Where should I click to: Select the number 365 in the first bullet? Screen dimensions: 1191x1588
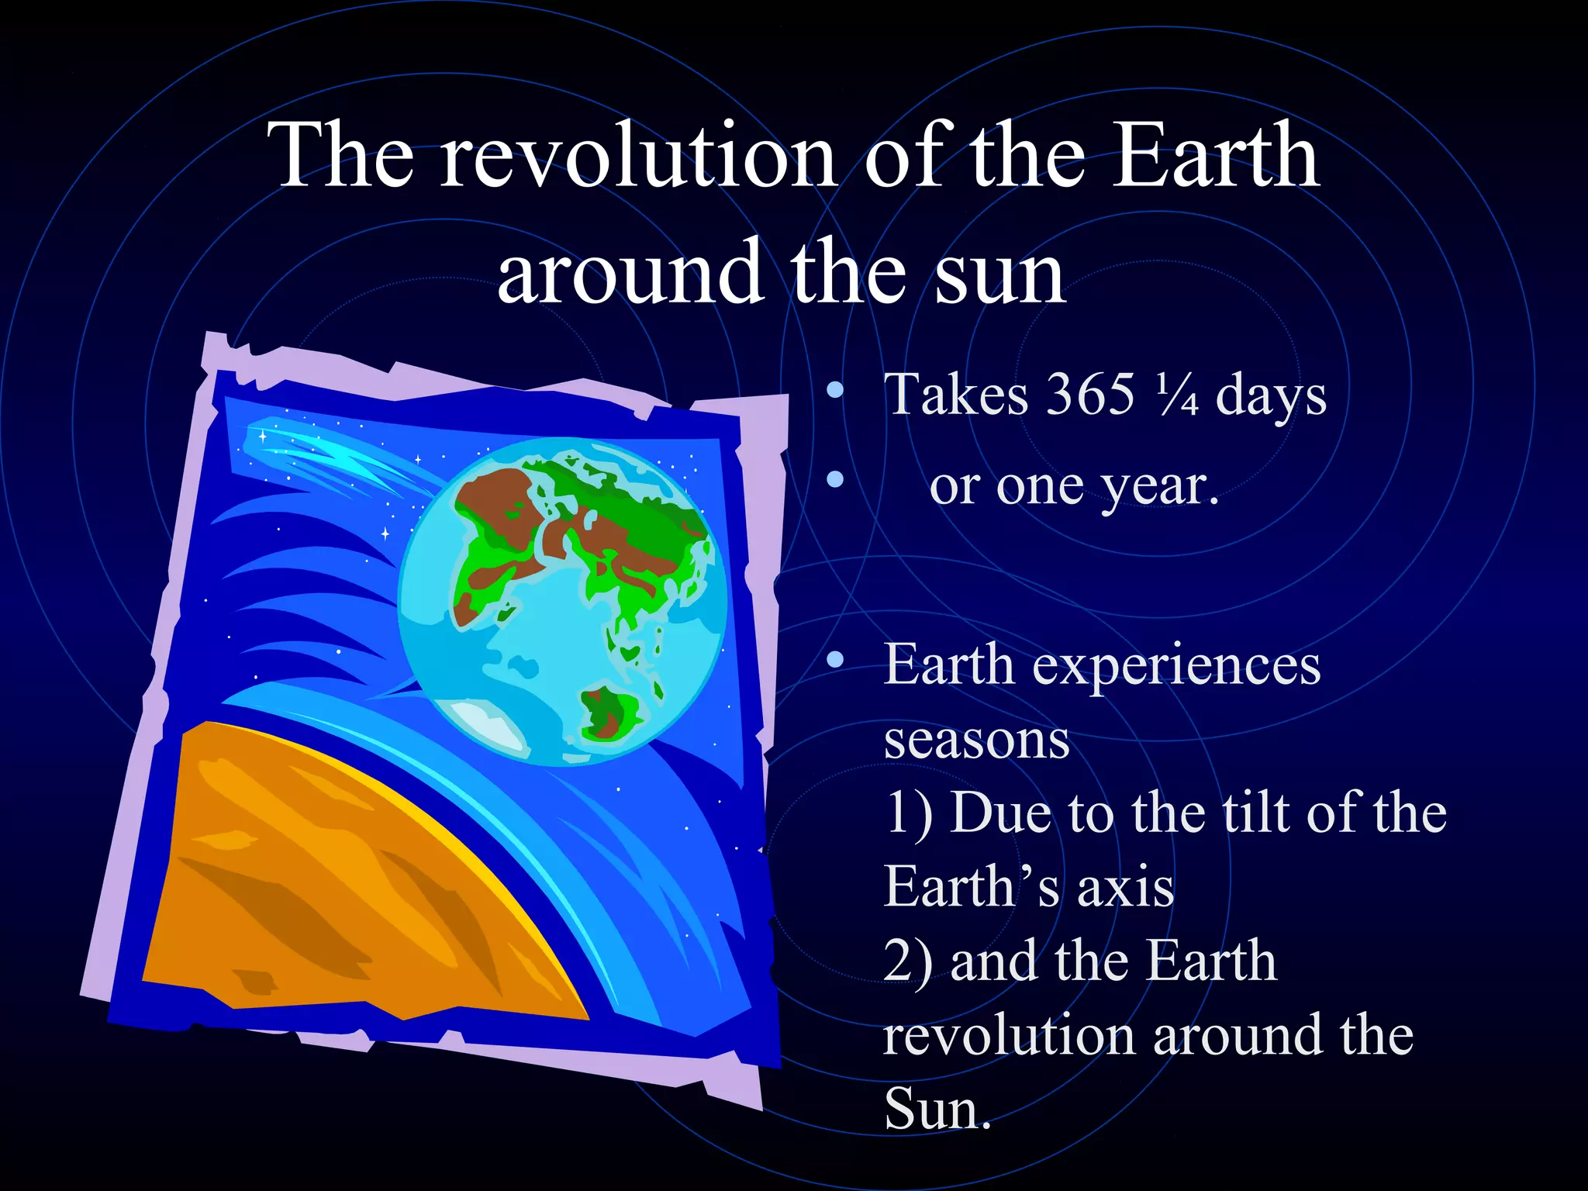[x=1090, y=395]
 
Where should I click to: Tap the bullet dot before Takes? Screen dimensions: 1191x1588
[x=834, y=390]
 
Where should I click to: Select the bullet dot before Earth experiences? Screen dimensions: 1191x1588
[x=834, y=660]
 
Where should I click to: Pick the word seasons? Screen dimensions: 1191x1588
[x=976, y=740]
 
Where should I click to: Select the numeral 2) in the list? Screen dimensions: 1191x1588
[x=907, y=961]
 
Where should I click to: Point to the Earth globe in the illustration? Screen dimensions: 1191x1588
[x=562, y=601]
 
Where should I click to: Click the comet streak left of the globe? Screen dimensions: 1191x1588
[x=326, y=457]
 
